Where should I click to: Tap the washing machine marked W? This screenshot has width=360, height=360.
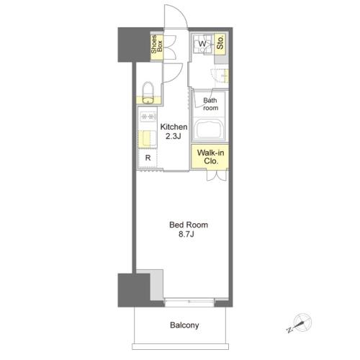203,44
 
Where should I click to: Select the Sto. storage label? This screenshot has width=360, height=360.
220,42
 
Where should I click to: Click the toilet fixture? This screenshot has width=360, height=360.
148,93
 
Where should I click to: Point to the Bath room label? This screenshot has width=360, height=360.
210,104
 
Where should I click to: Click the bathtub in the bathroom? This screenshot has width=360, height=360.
209,129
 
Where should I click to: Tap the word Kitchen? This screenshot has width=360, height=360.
174,127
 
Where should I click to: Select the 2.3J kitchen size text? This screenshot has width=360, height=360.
174,136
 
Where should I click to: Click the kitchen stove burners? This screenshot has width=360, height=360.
148,117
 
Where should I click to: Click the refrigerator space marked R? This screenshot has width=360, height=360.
148,158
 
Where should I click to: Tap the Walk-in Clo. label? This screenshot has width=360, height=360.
210,156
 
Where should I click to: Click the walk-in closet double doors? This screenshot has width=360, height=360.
217,175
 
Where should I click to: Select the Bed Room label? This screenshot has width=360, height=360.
189,225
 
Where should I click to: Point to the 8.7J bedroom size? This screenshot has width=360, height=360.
186,234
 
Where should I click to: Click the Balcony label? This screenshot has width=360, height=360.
184,325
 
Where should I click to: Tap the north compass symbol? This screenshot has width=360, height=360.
300,323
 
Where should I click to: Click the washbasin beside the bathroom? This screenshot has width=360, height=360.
220,76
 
